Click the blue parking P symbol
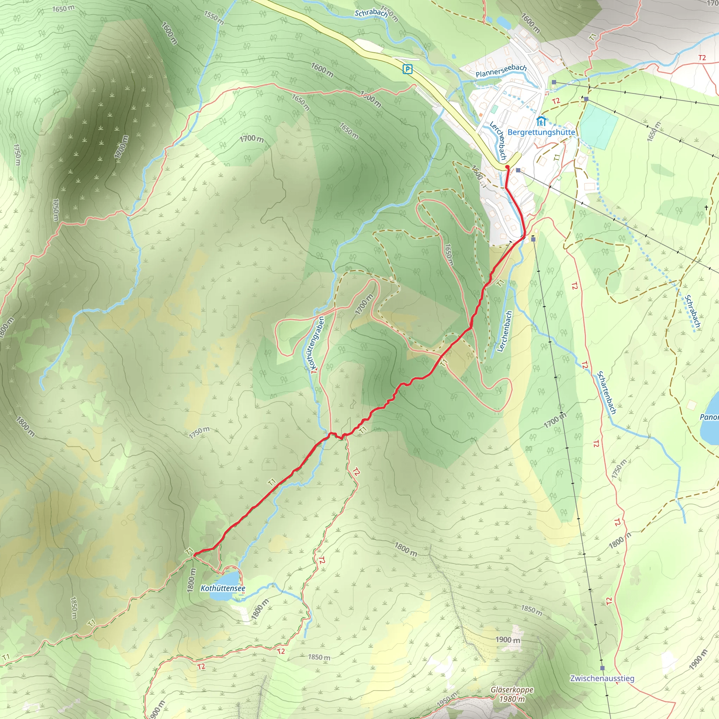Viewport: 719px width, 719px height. (408, 69)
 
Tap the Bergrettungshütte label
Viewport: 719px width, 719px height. (541, 132)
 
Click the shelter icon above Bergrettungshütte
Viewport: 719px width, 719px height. (541, 121)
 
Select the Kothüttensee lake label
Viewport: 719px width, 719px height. (223, 588)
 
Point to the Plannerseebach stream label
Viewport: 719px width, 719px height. (501, 71)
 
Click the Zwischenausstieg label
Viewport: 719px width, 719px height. (602, 678)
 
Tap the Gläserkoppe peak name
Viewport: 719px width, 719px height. (512, 690)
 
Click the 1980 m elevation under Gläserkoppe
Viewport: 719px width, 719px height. (512, 699)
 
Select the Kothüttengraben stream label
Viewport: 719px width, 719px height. (316, 342)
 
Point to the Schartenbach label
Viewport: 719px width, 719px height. (607, 393)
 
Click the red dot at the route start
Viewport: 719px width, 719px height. (507, 167)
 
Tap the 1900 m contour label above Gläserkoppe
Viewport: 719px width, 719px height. (508, 640)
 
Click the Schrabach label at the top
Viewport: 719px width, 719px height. (371, 13)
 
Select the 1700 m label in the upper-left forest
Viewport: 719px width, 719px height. (121, 147)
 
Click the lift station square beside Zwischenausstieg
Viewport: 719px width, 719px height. (602, 668)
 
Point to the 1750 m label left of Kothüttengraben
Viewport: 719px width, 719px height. (199, 433)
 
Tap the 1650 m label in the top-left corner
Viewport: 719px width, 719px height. (63, 8)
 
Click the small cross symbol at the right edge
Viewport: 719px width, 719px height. (706, 208)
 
